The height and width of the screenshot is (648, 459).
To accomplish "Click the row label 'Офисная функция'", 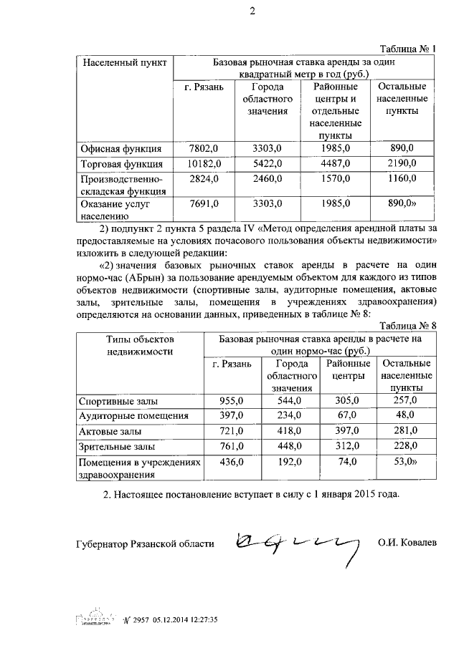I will (x=120, y=149).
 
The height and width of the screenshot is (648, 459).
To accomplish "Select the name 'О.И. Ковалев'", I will (x=407, y=543).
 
